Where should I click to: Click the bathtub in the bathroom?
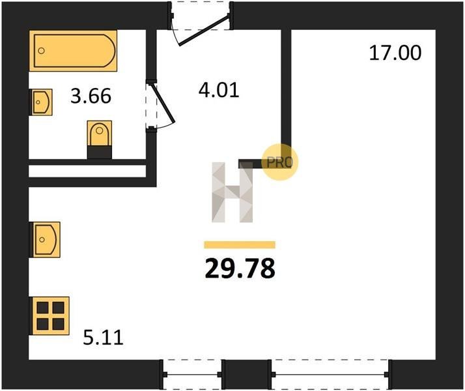73,50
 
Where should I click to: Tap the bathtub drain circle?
42,51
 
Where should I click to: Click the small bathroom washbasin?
41,102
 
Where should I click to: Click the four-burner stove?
49,315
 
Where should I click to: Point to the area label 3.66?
91,96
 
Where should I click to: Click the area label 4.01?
219,90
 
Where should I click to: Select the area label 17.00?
395,53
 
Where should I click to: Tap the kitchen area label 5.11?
103,338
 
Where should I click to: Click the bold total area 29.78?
240,268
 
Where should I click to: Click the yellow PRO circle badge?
280,162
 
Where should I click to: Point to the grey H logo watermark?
232,192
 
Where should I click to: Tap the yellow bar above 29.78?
240,245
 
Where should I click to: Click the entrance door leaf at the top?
204,30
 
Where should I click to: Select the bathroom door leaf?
163,103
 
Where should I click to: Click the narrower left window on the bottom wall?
193,375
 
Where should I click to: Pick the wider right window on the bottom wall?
330,375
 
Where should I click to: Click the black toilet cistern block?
100,152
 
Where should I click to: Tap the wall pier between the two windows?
247,375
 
